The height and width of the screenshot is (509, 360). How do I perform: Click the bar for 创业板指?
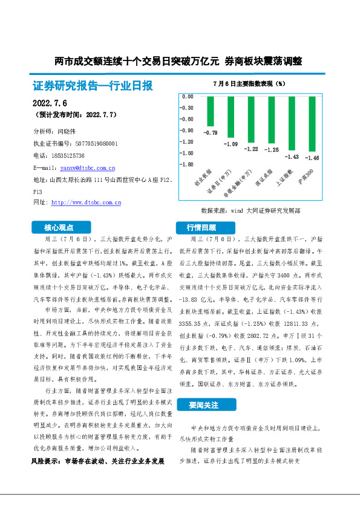(x=210, y=111)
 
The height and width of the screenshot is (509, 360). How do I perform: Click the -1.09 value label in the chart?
(x=231, y=144)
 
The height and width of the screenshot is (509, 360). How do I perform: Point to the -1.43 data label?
(x=292, y=157)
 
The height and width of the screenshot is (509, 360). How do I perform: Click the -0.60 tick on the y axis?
(x=188, y=119)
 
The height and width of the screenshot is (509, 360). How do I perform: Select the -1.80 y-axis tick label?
(x=188, y=164)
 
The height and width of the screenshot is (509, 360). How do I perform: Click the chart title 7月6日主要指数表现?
(x=249, y=83)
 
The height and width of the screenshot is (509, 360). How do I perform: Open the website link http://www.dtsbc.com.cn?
(x=86, y=202)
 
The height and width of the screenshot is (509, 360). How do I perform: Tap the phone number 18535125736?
(x=67, y=155)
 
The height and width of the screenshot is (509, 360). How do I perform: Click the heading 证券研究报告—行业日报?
(x=92, y=85)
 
